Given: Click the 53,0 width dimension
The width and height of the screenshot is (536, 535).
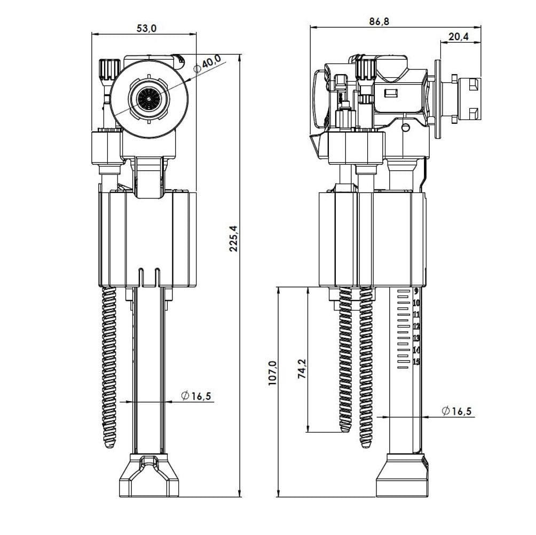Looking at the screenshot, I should coord(146,28).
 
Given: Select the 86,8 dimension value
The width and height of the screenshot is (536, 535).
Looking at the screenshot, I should coord(379,22).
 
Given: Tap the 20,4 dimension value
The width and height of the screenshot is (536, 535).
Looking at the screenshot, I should coord(459,36).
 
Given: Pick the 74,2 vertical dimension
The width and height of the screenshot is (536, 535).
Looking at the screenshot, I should coord(302,368).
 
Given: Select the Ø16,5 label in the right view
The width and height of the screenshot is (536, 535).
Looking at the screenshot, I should coord(457,411).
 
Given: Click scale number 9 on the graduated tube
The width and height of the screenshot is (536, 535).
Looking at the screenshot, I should coord(416,292).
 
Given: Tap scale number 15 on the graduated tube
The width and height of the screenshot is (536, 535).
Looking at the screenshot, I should coord(417,362).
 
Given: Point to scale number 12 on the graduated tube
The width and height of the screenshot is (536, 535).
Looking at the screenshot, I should coord(417,326).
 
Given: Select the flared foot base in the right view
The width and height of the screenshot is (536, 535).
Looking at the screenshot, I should coord(402,476).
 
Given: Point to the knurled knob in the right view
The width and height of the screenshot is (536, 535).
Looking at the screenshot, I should coord(366,69).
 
